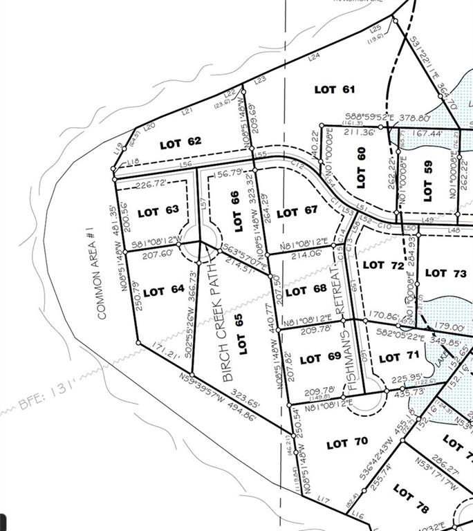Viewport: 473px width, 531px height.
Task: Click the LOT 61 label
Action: (x=335, y=90)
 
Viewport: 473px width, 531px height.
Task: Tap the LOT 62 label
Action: (x=180, y=144)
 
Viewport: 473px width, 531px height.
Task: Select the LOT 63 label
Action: (x=158, y=212)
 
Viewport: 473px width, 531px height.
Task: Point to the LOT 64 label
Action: (x=164, y=291)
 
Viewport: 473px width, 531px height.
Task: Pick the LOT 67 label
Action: (x=297, y=213)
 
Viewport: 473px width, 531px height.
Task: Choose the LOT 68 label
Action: (x=305, y=291)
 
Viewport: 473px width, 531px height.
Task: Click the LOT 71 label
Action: (x=390, y=357)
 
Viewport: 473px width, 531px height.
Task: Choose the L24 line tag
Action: (x=315, y=57)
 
